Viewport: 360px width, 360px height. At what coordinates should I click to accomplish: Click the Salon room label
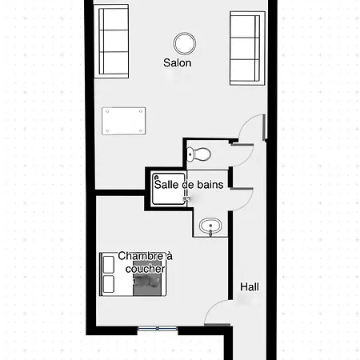coord(178,63)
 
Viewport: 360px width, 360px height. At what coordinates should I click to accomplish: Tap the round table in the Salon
coord(185,43)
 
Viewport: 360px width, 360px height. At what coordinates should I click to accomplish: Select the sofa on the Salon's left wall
coord(111,42)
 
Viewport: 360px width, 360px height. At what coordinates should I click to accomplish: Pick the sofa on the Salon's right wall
coord(247,48)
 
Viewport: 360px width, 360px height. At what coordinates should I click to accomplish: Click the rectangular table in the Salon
coord(124,121)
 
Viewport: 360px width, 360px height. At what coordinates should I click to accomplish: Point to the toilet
coord(198,154)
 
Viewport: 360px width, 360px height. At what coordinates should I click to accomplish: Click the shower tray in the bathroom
coord(169,189)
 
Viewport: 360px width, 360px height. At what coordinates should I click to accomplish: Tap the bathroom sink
coord(210,226)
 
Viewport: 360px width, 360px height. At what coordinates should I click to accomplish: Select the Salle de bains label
coord(189,185)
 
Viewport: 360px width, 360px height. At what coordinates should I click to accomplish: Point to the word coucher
coord(146,269)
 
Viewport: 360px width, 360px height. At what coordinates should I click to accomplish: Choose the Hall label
coord(250,287)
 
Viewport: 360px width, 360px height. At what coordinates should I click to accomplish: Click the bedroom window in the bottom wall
coord(158,329)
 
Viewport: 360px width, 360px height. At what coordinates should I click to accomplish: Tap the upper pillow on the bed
coord(109,264)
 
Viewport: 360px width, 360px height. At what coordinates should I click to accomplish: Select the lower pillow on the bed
coord(109,284)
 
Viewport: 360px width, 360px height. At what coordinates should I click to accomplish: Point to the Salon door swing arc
coord(246,122)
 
